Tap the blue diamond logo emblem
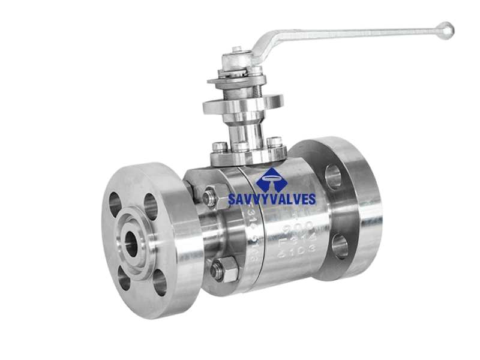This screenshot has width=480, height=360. click(x=270, y=179)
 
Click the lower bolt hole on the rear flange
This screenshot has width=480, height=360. click(x=340, y=246)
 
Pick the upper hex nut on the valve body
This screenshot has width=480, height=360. click(x=211, y=196)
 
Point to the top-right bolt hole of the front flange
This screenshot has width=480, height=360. click(x=150, y=207)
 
